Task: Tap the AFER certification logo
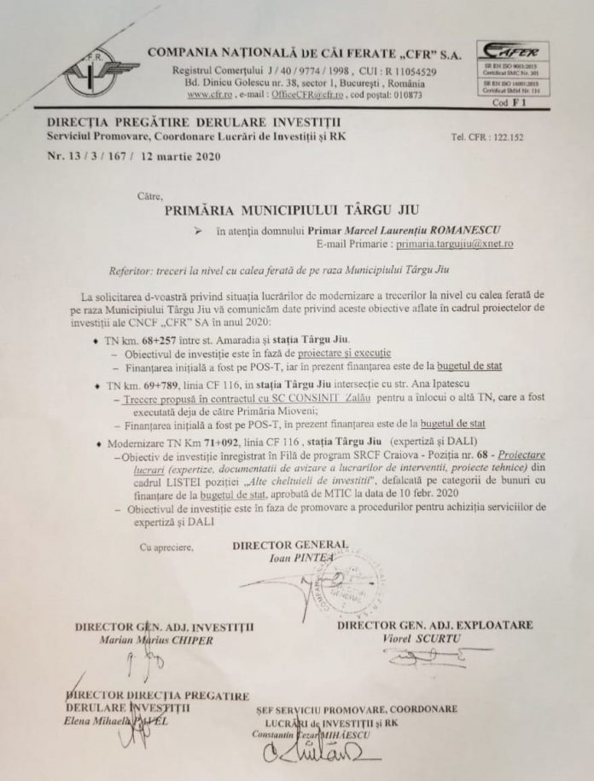tap(513, 53)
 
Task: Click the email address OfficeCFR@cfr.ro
tap(291, 95)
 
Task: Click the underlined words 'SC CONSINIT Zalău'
tap(334, 398)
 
